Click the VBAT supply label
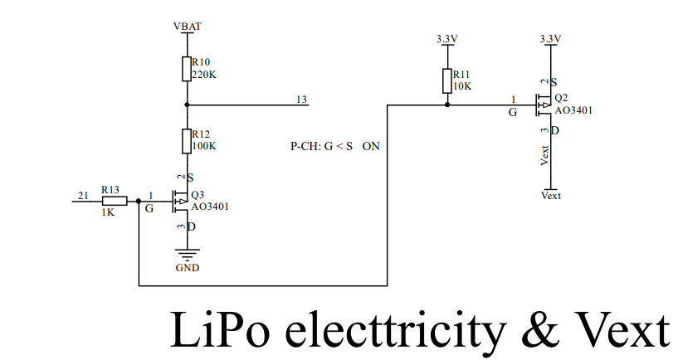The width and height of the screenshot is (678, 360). [188, 27]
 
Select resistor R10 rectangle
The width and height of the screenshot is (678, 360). [187, 69]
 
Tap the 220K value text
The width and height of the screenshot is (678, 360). [204, 75]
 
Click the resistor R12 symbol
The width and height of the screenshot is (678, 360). [187, 141]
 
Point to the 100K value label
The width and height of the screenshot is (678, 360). [204, 146]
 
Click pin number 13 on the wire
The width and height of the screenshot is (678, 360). [301, 100]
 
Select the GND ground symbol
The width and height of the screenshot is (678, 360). [187, 254]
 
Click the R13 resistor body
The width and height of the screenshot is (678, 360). [114, 200]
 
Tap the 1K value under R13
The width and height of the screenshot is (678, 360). [110, 212]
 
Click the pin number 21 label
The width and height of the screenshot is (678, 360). [83, 195]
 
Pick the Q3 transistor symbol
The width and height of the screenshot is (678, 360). [180, 200]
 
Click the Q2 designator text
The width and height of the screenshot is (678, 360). [561, 98]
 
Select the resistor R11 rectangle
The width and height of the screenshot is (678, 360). [447, 80]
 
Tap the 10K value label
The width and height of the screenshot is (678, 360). [462, 86]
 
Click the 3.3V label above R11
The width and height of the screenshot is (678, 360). [447, 39]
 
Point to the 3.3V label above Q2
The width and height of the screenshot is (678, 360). [550, 39]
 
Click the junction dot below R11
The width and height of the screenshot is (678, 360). [447, 105]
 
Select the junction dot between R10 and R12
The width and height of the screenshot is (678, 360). [187, 105]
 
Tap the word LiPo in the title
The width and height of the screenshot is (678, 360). [211, 330]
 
